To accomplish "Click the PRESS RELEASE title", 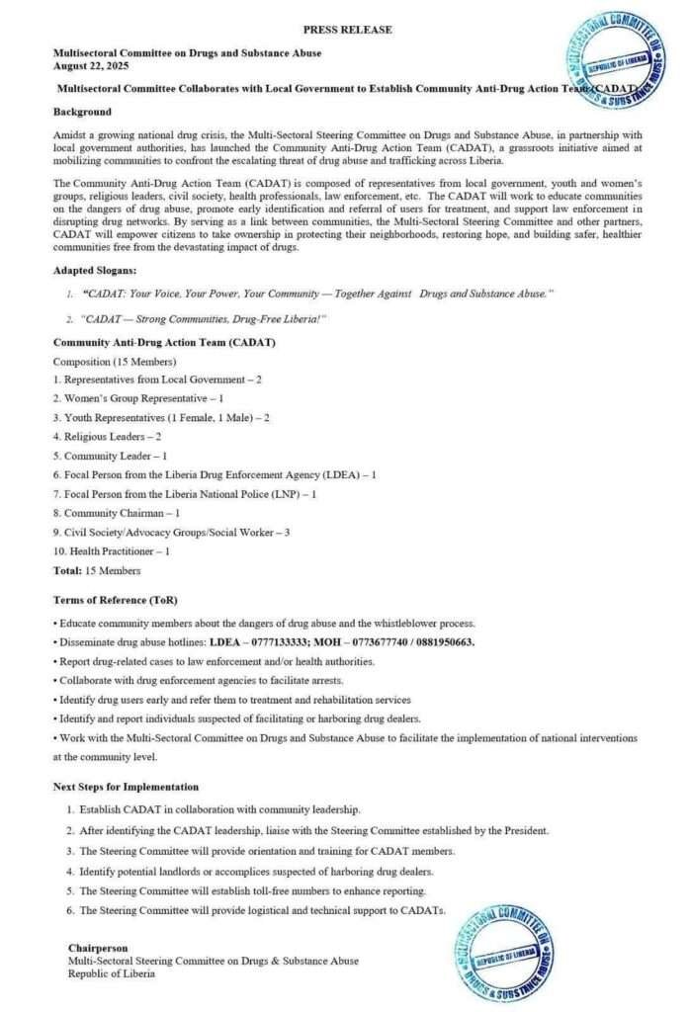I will (x=346, y=30).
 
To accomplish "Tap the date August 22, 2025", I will (x=89, y=65).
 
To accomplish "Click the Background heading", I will (x=82, y=112).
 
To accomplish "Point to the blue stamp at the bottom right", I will (x=511, y=953).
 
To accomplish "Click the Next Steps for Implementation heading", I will (x=126, y=787).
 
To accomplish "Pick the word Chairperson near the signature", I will (x=98, y=948).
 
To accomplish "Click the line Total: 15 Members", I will (x=96, y=570).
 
